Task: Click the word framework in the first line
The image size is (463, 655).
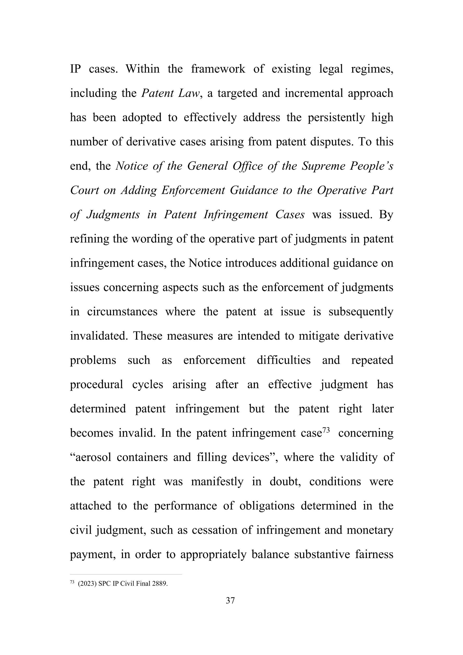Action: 218,69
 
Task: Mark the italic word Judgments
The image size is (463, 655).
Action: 113,215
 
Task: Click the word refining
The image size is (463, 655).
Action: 89,239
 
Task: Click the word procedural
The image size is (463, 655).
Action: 96,385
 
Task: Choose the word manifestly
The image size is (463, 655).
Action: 217,482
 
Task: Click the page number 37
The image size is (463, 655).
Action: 230,600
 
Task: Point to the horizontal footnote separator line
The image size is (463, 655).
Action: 126,574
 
